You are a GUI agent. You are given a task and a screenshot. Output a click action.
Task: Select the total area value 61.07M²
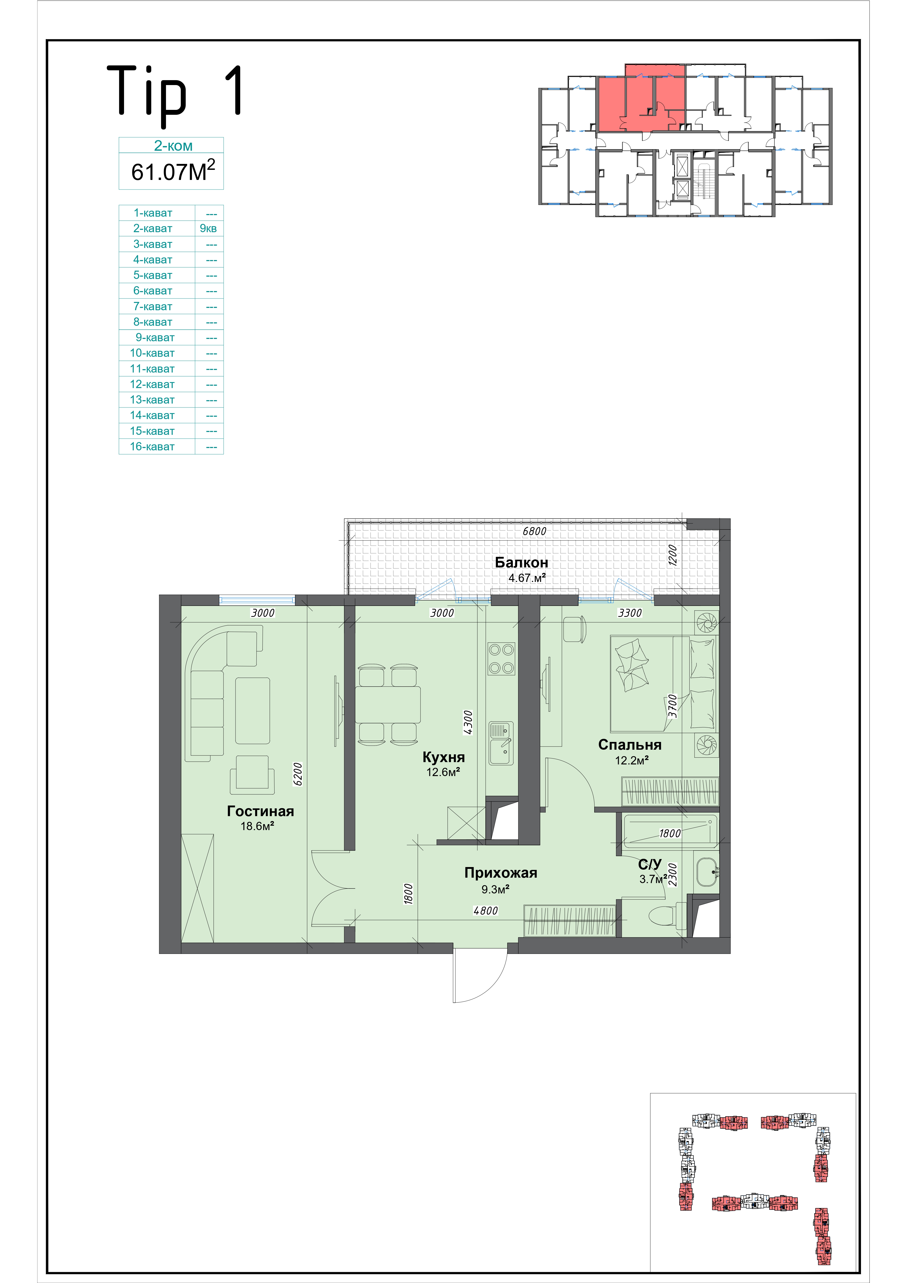(173, 171)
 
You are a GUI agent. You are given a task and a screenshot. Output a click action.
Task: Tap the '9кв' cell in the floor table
(208, 229)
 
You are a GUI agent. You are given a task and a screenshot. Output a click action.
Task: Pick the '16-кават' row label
(152, 446)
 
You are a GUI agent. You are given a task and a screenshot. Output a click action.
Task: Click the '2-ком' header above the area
(173, 146)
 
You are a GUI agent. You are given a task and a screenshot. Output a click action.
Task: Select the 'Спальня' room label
(630, 745)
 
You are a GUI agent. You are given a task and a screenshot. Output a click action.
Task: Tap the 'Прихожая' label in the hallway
(501, 873)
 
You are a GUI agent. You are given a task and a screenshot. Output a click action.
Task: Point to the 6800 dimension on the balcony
(534, 532)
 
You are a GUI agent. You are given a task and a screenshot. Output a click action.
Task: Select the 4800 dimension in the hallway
(486, 911)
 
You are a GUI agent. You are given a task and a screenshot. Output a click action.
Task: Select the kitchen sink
(501, 743)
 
